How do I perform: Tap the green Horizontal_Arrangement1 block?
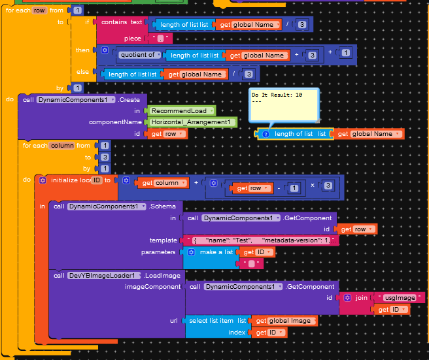pyautogui.click(x=190, y=122)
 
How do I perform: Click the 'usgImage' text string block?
pyautogui.click(x=398, y=298)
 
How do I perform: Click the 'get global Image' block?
pyautogui.click(x=285, y=321)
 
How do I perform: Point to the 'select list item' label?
pyautogui.click(x=212, y=321)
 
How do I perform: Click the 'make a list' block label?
pyautogui.click(x=216, y=252)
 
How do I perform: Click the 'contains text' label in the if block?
pyautogui.click(x=122, y=22)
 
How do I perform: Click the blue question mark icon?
pyautogui.click(x=266, y=134)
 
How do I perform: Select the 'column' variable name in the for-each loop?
pyautogui.click(x=61, y=146)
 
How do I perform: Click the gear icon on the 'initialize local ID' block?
pyautogui.click(x=43, y=180)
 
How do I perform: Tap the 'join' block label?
pyautogui.click(x=361, y=297)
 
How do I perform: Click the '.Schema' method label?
pyautogui.click(x=163, y=206)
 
